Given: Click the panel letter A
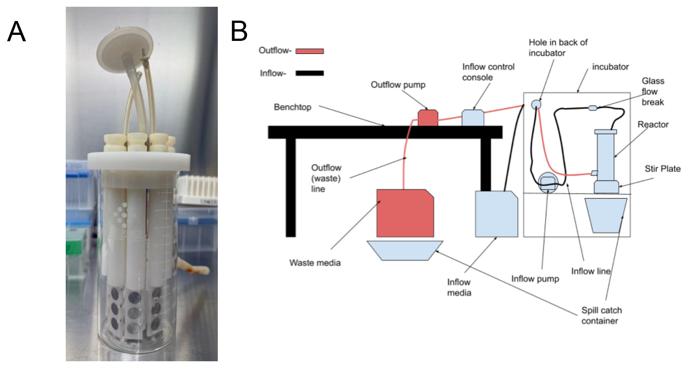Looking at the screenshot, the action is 17,32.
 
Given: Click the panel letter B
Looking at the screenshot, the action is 239,31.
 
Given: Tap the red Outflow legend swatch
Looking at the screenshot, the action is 309,51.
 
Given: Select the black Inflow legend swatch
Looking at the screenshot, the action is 309,73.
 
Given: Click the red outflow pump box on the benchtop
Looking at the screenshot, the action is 428,118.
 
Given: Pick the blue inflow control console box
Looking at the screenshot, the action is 473,118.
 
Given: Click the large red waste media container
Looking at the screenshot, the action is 405,213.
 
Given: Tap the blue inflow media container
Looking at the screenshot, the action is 496,214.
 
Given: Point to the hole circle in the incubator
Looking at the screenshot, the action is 536,104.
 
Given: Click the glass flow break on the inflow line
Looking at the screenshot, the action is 593,108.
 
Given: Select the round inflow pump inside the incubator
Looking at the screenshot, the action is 548,182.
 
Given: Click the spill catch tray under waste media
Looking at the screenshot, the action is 405,251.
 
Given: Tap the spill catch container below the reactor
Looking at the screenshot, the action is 606,215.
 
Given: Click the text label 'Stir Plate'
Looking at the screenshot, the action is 662,169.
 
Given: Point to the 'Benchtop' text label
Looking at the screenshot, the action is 293,107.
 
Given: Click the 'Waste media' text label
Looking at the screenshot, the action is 315,263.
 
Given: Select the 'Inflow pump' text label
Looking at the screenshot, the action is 535,279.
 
